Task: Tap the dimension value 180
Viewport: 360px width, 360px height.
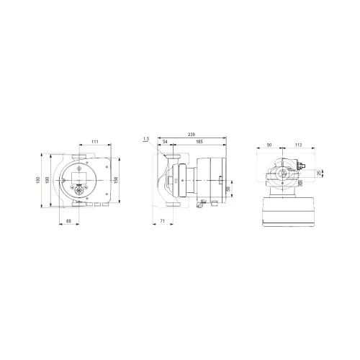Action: (x=48, y=179)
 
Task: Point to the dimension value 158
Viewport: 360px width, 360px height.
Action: (x=117, y=179)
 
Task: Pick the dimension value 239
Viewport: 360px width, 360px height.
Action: (x=190, y=135)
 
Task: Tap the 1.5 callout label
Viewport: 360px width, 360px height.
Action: (x=147, y=138)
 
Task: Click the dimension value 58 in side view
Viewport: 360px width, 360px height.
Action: (x=228, y=189)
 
